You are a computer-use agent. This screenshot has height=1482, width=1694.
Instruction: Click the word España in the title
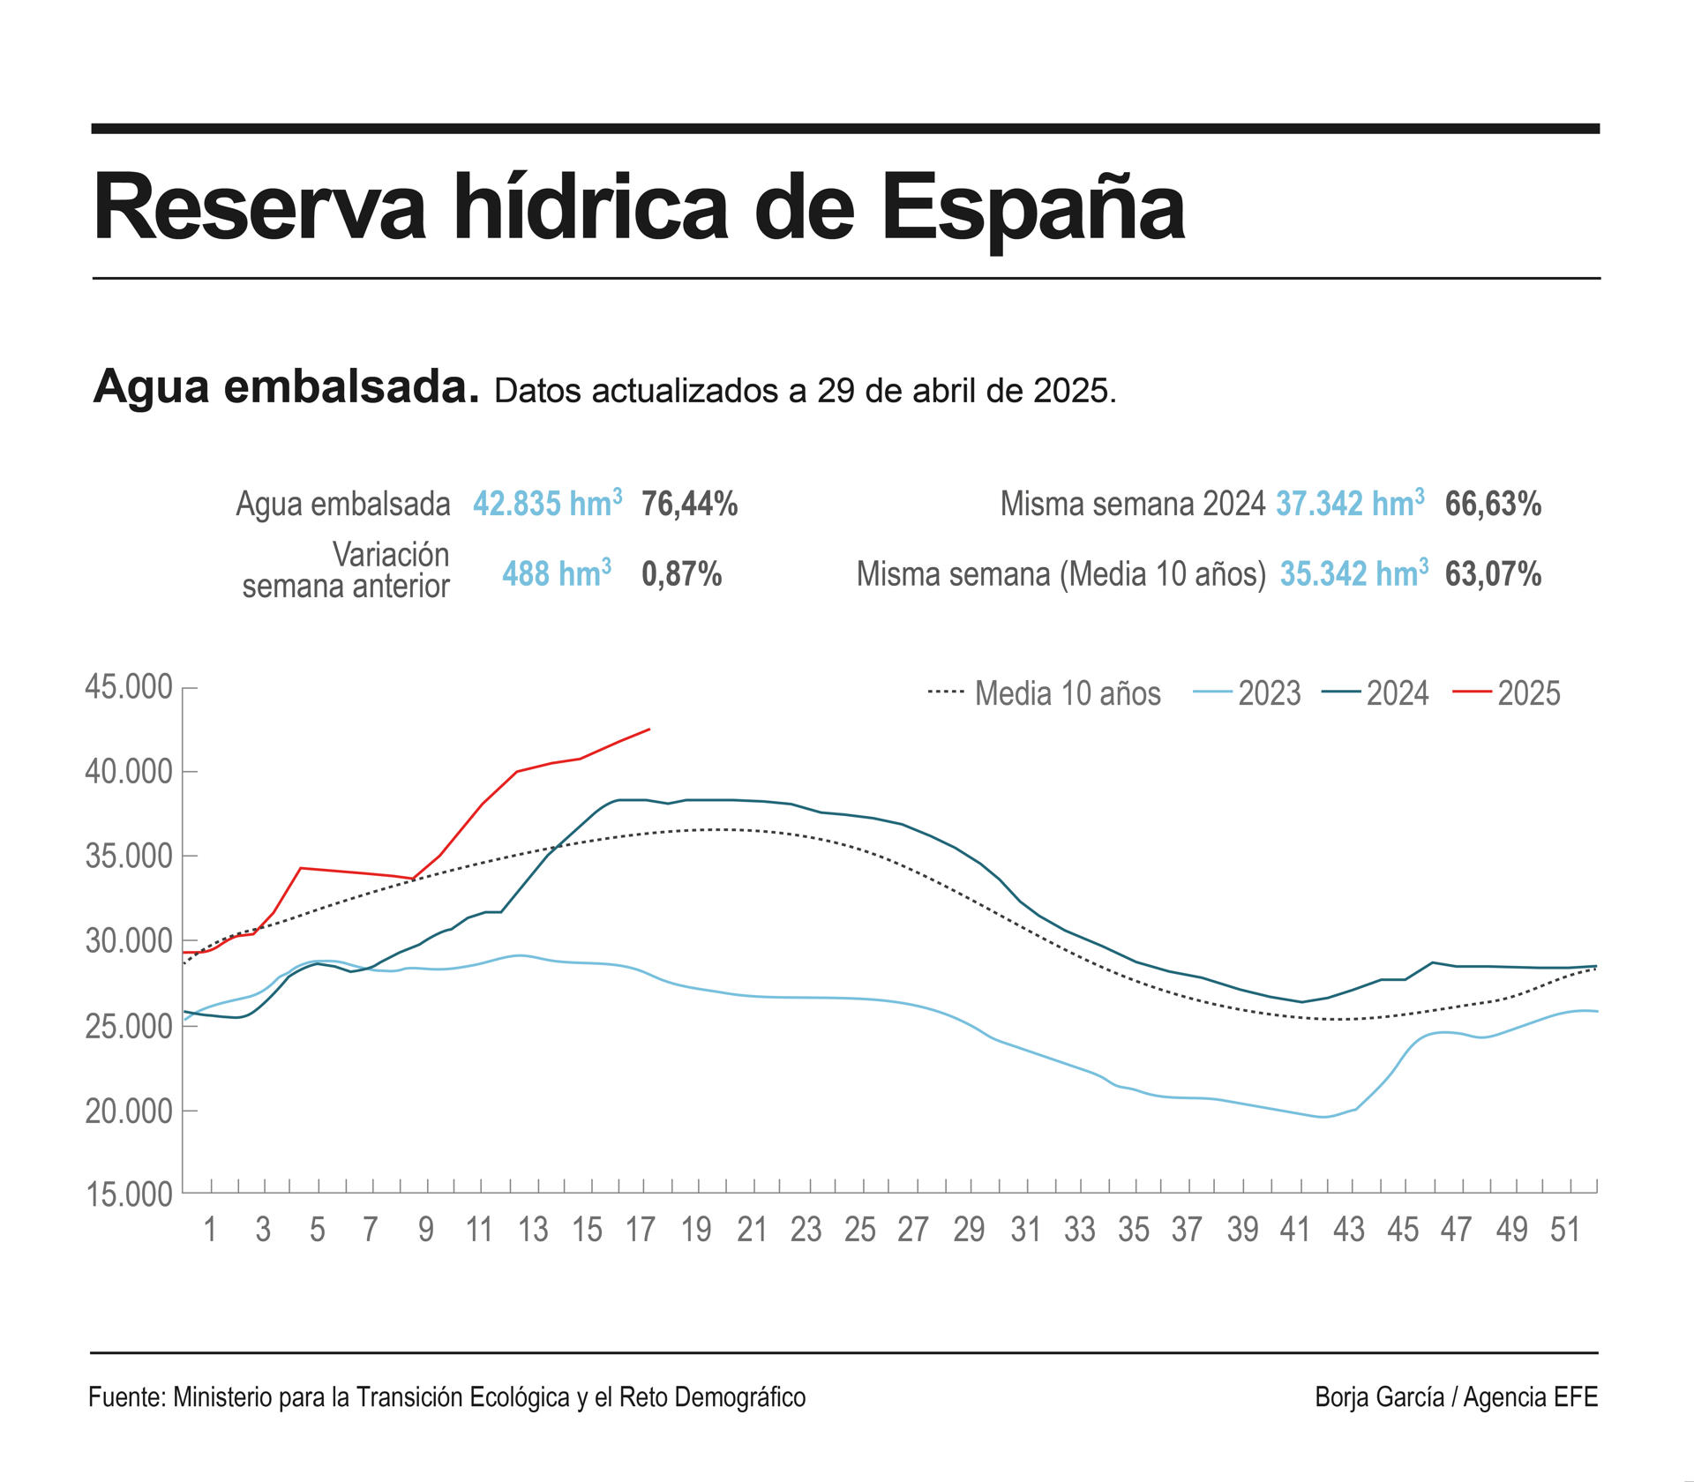click(x=1033, y=208)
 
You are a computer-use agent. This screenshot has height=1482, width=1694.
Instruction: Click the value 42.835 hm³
click(x=547, y=504)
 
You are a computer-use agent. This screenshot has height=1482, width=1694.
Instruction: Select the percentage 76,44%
click(x=689, y=504)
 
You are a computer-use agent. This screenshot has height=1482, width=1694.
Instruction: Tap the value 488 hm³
click(x=557, y=573)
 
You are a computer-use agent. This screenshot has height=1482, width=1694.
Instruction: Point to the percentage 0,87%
click(x=681, y=574)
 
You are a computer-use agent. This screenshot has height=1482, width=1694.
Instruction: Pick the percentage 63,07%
click(x=1493, y=574)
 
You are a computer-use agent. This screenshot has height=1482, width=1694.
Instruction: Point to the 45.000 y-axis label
click(x=129, y=687)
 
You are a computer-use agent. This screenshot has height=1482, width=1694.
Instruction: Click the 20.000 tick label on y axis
click(x=129, y=1111)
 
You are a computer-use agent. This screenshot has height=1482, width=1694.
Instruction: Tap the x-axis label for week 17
click(x=641, y=1230)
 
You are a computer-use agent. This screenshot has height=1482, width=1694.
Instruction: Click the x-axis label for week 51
click(x=1565, y=1230)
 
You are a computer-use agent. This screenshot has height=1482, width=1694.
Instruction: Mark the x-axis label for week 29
click(x=969, y=1230)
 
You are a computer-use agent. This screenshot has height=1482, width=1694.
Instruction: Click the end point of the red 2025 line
click(x=650, y=729)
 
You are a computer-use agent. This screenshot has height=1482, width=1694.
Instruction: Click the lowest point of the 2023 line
click(x=1323, y=1117)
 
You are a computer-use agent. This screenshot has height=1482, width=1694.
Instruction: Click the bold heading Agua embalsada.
click(x=286, y=386)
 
